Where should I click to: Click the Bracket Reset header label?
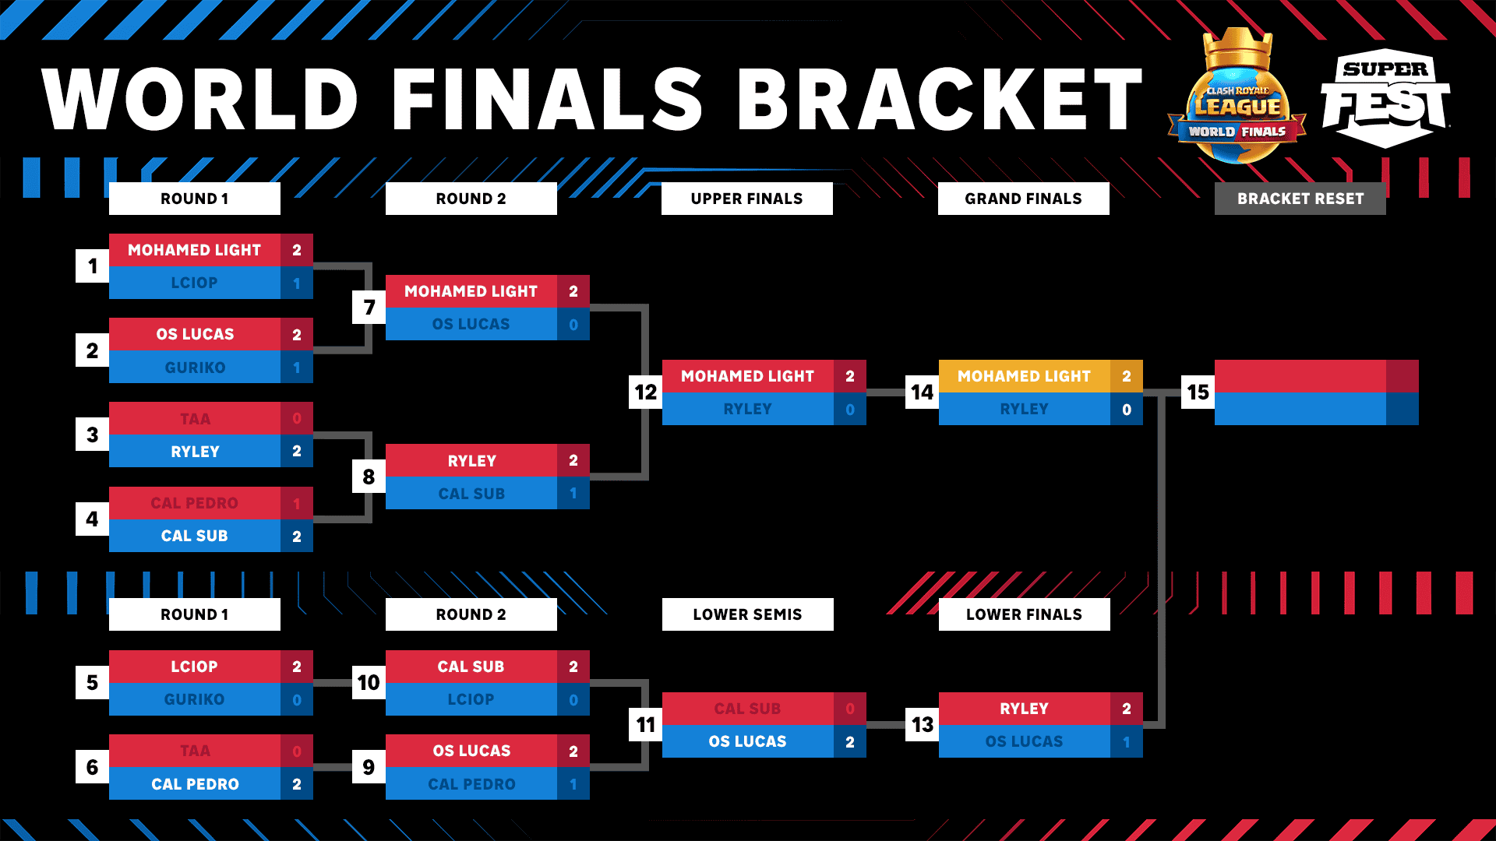1300,199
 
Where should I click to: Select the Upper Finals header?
746,199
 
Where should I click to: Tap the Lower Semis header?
747,614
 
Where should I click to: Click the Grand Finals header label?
1023,199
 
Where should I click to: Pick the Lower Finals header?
1024,614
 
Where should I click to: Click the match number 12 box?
645,392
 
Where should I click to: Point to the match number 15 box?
1198,392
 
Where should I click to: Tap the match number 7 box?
369,308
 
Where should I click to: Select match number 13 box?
922,725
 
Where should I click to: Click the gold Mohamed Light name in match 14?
1024,376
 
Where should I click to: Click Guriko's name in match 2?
195,368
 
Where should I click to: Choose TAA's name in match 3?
195,419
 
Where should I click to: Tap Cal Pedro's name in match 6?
195,784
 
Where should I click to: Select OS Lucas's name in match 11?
747,741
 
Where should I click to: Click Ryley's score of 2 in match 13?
1126,709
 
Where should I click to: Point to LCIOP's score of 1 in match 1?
296,283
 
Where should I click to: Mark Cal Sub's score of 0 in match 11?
849,709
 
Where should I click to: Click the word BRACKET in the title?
939,100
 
